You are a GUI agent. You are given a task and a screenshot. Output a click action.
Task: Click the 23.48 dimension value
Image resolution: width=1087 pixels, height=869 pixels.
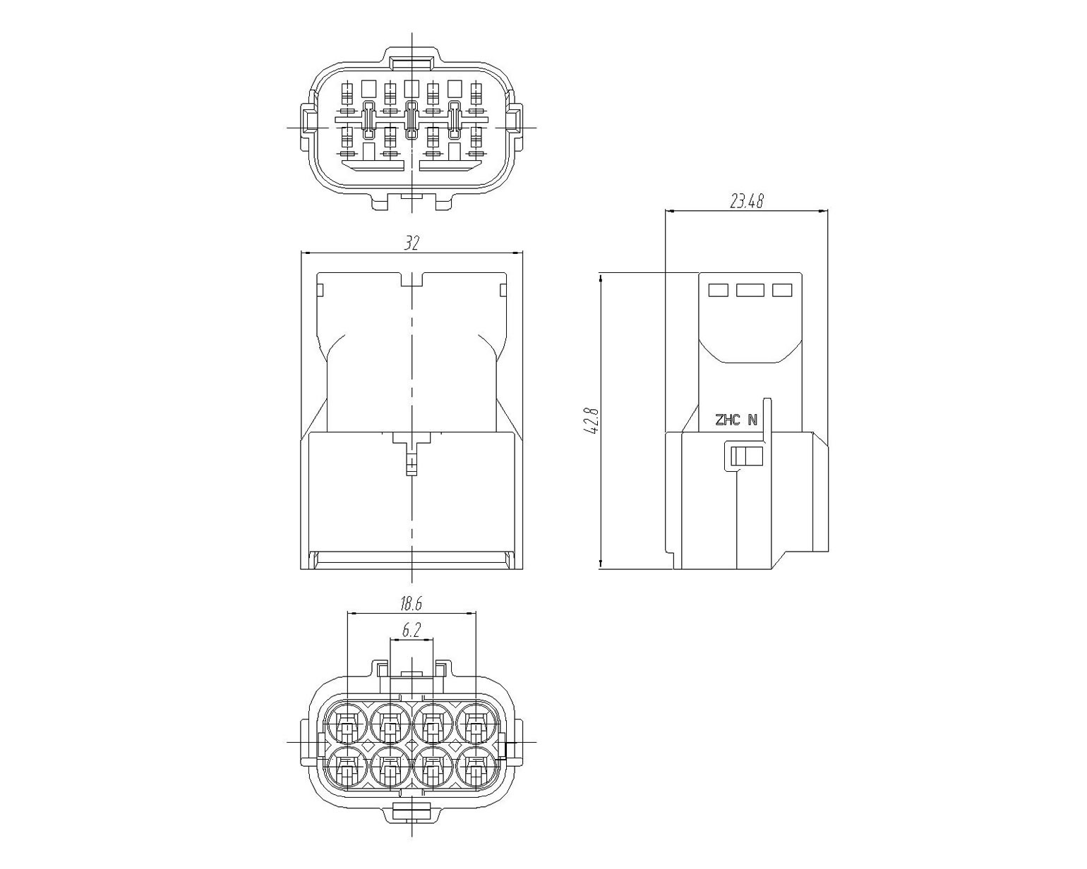[x=746, y=201]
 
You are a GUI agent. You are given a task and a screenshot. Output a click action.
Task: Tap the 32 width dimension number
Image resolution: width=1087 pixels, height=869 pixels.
[x=412, y=243]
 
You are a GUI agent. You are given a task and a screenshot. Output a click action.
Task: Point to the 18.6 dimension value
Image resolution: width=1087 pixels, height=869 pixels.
[x=412, y=603]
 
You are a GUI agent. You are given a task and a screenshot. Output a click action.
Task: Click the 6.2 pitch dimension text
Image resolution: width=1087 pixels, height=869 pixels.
[x=412, y=630]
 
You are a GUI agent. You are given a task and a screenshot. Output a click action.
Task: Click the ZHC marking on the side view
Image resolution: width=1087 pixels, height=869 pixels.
[x=727, y=420]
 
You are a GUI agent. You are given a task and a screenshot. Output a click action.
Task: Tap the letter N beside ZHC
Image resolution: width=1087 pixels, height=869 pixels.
[x=752, y=420]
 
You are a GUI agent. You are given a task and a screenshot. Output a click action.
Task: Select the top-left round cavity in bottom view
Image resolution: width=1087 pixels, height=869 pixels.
[x=347, y=722]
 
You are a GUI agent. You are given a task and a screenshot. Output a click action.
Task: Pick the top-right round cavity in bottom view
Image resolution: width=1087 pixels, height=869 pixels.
[x=476, y=722]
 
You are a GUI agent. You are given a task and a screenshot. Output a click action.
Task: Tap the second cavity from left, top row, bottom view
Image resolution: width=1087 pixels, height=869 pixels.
[x=390, y=722]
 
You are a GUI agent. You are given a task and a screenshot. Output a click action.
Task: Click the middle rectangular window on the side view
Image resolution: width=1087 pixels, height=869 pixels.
[x=750, y=290]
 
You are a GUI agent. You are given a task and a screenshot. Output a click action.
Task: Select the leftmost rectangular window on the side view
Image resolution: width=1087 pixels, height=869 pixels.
[x=719, y=290]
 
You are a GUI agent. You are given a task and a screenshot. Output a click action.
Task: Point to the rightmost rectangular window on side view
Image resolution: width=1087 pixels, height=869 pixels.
[x=782, y=290]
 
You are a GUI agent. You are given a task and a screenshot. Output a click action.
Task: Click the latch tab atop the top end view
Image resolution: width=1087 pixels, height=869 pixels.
[x=412, y=64]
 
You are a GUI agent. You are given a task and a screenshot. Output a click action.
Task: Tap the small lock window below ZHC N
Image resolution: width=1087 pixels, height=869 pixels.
[x=745, y=456]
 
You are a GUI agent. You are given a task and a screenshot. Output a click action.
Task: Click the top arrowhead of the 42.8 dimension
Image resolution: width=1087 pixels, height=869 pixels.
[x=601, y=278]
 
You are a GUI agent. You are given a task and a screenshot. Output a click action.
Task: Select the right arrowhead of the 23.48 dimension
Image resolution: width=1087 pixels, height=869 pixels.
[x=822, y=211]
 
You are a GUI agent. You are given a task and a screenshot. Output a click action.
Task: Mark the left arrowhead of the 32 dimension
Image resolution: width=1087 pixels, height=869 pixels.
[x=306, y=253]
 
